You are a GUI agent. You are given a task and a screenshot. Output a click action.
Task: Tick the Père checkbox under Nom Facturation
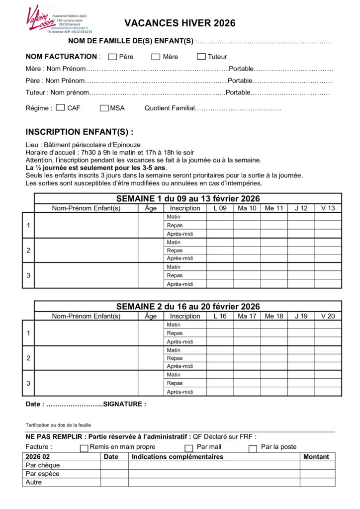(x=112, y=57)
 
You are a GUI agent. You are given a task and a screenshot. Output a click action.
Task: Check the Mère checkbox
(x=156, y=57)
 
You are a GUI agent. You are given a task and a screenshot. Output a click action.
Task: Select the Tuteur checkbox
(x=201, y=57)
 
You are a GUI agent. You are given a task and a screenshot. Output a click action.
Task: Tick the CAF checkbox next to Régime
(x=61, y=107)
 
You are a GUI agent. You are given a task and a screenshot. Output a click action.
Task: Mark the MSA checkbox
(x=104, y=108)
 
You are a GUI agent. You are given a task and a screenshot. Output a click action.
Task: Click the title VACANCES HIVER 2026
(x=180, y=23)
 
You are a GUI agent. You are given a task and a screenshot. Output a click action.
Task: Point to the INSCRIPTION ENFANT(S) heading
(x=80, y=132)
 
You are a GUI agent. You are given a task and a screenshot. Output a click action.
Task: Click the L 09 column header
(x=220, y=208)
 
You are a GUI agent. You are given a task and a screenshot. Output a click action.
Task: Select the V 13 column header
(x=328, y=208)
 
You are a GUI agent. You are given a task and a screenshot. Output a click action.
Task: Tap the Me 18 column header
(x=274, y=316)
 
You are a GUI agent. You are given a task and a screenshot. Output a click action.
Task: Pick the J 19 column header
(x=301, y=316)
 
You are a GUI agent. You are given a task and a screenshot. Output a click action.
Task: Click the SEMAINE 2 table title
(x=188, y=307)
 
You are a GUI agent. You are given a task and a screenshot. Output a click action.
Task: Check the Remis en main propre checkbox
(x=84, y=448)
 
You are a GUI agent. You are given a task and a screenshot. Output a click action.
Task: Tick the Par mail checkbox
(x=189, y=448)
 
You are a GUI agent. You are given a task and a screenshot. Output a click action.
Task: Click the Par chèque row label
(x=43, y=465)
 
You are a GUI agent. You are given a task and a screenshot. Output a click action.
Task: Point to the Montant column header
(x=317, y=457)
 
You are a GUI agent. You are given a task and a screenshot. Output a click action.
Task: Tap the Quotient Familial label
(x=169, y=108)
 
